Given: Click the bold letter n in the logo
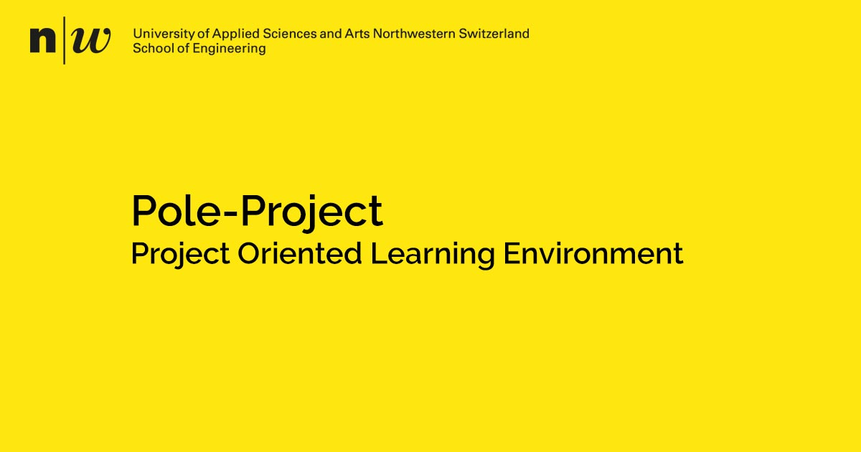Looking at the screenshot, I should pos(42,41).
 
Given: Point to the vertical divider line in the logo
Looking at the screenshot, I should pos(65,40).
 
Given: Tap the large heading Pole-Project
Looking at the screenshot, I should pos(257,212).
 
